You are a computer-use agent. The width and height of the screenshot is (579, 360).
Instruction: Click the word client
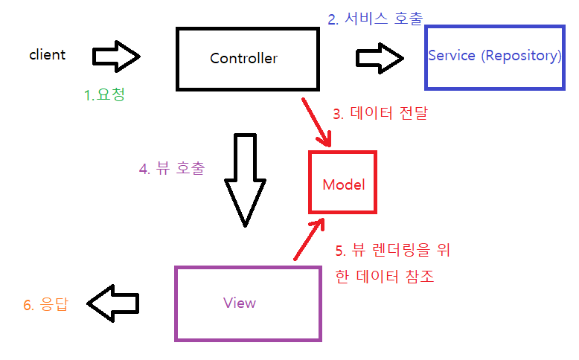pyautogui.click(x=47, y=54)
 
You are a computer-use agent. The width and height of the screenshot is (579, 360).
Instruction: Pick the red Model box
pyautogui.click(x=343, y=184)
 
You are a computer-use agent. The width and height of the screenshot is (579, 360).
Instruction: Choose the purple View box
pyautogui.click(x=248, y=303)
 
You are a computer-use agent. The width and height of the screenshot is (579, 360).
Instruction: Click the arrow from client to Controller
pyautogui.click(x=117, y=56)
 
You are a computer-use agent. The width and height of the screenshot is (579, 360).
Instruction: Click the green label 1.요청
pyautogui.click(x=104, y=95)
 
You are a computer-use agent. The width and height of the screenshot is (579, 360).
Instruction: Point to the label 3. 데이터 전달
pyautogui.click(x=380, y=114)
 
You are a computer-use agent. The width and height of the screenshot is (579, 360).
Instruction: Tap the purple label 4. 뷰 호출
pyautogui.click(x=172, y=168)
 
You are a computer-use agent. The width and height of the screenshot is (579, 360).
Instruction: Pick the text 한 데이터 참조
pyautogui.click(x=385, y=277)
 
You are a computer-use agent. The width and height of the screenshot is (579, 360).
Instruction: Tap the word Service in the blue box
pyautogui.click(x=452, y=56)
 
